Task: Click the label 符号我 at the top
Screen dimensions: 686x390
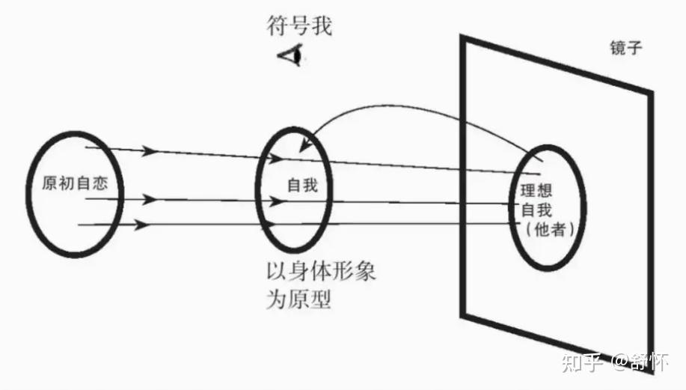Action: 298,28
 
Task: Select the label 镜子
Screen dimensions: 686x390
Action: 627,49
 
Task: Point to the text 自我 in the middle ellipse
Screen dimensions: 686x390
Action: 303,185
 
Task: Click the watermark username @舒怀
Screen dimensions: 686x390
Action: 640,363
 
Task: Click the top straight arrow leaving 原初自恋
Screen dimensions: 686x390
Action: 195,153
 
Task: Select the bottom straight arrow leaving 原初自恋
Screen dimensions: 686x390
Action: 195,223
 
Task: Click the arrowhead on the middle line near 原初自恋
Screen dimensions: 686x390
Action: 150,200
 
